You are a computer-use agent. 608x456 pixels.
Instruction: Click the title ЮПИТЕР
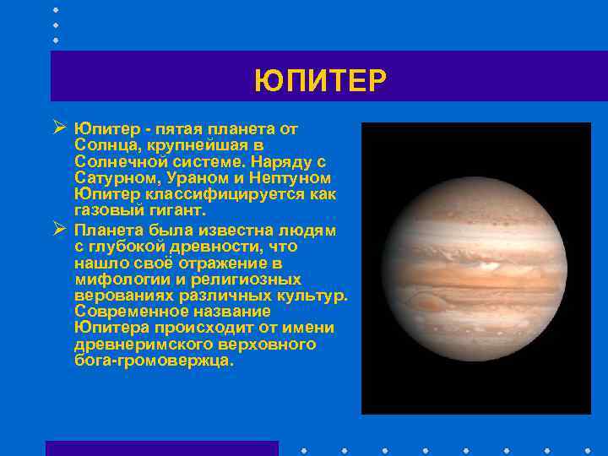[320, 82]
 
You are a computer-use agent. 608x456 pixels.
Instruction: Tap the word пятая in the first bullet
[187, 129]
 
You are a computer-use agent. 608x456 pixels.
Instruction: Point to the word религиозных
[247, 279]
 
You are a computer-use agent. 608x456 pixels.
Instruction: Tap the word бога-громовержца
[152, 361]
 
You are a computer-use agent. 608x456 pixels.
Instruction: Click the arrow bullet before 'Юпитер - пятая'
[58, 129]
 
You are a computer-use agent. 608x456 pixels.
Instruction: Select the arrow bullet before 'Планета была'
[58, 229]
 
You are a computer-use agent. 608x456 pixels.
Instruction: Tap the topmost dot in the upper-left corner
[56, 9]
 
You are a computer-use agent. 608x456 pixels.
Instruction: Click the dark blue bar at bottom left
[161, 448]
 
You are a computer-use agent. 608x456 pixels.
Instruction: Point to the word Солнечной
[122, 161]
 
